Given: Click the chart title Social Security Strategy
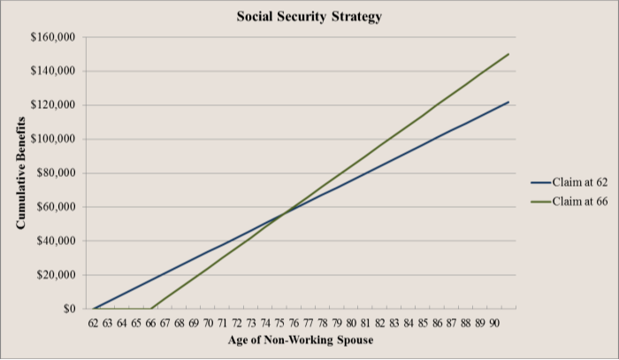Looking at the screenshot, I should pyautogui.click(x=309, y=17).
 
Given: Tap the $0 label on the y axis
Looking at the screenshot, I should pyautogui.click(x=68, y=310).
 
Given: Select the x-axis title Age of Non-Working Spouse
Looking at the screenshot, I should pyautogui.click(x=300, y=341).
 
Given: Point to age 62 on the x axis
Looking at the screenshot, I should pyautogui.click(x=93, y=324).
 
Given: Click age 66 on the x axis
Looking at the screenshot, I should pyautogui.click(x=150, y=324).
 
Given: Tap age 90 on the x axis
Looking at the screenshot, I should pyautogui.click(x=495, y=324).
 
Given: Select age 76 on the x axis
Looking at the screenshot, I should pyautogui.click(x=294, y=324).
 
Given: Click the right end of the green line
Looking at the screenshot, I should pyautogui.click(x=509, y=54).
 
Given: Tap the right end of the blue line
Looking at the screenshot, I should pyautogui.click(x=509, y=102).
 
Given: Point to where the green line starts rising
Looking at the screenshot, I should pyautogui.click(x=150, y=309).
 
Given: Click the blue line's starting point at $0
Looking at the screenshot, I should pyautogui.click(x=93, y=309).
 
